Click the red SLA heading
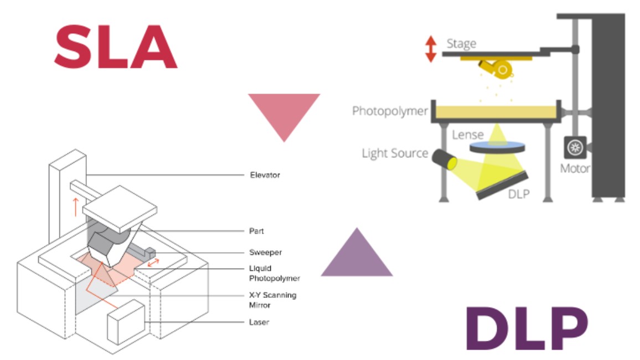[x=116, y=47]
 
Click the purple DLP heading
[x=527, y=328]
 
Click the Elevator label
[x=265, y=175]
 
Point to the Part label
[x=256, y=231]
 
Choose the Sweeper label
[x=265, y=252]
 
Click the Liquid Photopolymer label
[x=274, y=273]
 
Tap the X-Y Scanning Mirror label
[x=272, y=300]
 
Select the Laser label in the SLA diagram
[x=259, y=322]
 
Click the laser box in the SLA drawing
[x=126, y=322]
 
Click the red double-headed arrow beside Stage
[x=431, y=49]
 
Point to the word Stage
[x=461, y=43]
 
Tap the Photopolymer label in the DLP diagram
[x=390, y=111]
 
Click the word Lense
[x=467, y=135]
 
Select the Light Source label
[x=395, y=153]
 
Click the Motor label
[x=575, y=168]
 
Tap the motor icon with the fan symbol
[x=575, y=147]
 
